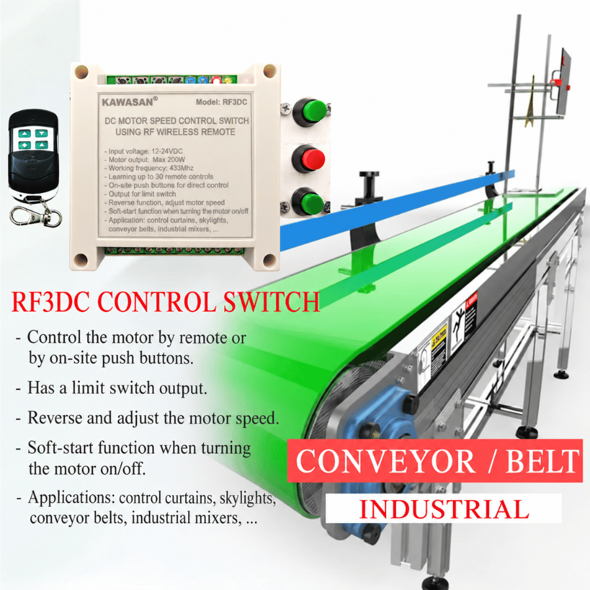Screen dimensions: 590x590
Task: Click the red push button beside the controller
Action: point(309,159)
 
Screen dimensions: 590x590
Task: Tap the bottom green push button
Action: point(309,203)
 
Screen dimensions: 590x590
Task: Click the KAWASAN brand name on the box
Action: point(128,102)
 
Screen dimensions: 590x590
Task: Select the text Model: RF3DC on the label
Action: point(222,102)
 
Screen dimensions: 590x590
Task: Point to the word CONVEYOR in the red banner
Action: point(385,461)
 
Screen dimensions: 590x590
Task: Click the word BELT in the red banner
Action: point(543,461)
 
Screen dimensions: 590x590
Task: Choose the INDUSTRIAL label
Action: point(444,509)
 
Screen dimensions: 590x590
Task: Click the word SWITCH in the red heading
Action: point(271,302)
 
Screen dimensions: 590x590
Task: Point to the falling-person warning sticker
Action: point(458,325)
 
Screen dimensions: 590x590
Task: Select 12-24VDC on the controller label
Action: point(167,151)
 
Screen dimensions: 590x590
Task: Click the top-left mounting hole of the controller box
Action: point(81,71)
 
